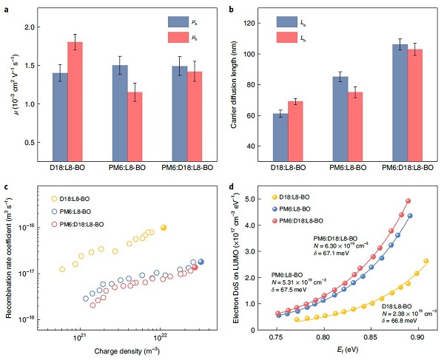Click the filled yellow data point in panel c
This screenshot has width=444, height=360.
164,228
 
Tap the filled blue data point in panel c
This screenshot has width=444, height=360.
201,262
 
